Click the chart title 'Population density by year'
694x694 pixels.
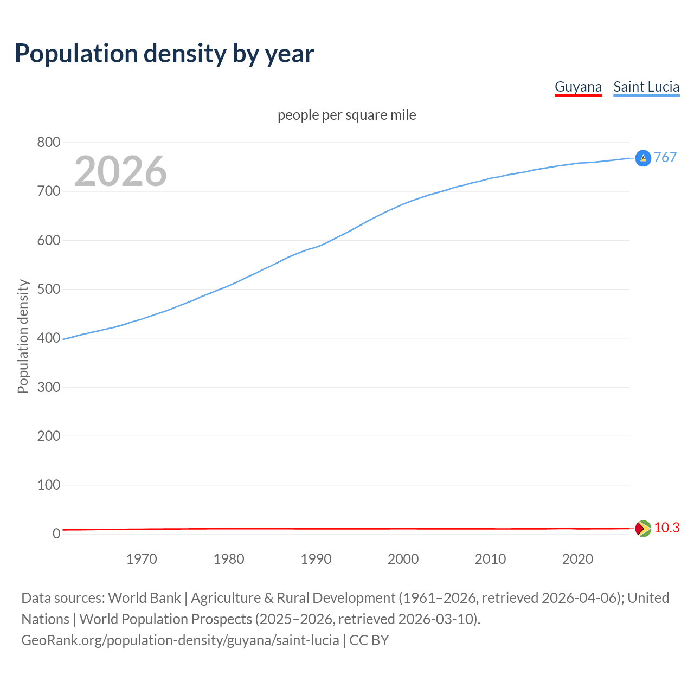pos(164,54)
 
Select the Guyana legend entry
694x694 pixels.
pos(578,87)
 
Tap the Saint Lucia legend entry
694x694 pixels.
pos(646,87)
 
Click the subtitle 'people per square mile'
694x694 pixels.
pos(347,115)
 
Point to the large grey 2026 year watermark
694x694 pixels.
pos(120,171)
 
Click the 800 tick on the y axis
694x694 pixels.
pos(49,143)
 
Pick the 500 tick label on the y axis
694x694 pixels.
pos(49,289)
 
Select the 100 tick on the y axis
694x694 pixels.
pos(49,485)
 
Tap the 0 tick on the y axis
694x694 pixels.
pos(56,534)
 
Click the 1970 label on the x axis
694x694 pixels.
pos(142,559)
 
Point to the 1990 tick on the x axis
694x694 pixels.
pos(316,559)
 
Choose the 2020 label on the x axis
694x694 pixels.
pos(577,559)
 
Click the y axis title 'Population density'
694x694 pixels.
pos(23,336)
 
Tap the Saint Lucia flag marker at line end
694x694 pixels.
pos(643,158)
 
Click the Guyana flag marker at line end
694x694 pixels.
pos(643,528)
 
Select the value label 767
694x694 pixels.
pos(665,157)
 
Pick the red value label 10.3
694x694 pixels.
pos(666,528)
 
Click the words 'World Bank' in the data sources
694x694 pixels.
pos(144,598)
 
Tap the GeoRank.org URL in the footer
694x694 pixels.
pos(180,640)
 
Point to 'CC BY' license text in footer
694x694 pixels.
pos(369,640)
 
